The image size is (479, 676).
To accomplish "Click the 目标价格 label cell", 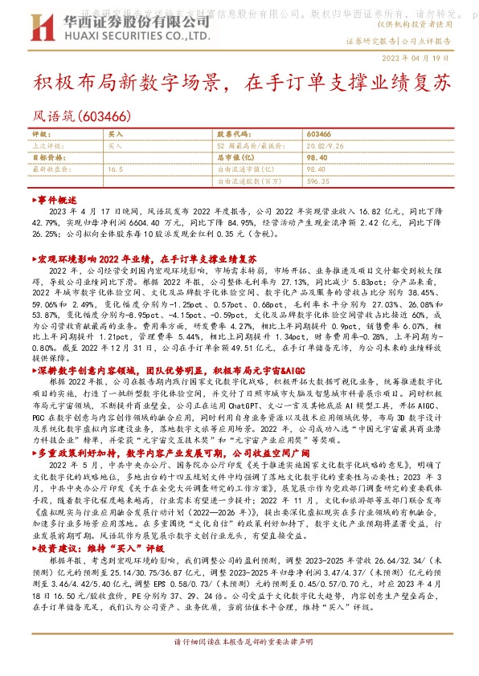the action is click(x=47, y=158).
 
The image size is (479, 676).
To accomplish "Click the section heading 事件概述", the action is click(x=56, y=199).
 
